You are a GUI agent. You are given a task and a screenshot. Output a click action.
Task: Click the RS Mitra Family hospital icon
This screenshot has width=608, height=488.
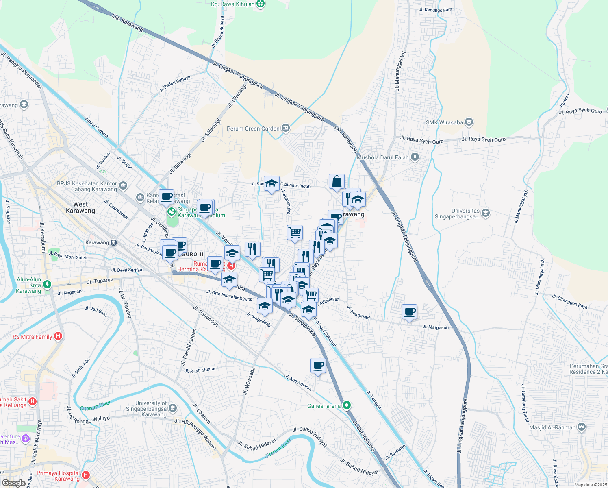coord(58,336)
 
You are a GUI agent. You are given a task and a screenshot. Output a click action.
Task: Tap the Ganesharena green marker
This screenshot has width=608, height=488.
coord(347,405)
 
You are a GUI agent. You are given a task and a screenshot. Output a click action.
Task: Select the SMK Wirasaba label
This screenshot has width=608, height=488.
coord(444,122)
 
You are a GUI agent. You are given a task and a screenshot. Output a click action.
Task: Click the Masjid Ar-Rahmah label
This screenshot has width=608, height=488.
coord(552,427)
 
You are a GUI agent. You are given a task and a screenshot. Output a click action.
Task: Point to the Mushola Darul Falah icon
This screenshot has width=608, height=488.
coord(415,157)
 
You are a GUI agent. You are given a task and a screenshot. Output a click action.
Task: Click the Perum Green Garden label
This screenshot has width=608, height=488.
coord(253,129)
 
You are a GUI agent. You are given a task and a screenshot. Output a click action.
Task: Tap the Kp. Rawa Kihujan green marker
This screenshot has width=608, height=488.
coord(261,4)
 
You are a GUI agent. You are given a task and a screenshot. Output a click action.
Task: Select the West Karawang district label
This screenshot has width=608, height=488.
coord(80,207)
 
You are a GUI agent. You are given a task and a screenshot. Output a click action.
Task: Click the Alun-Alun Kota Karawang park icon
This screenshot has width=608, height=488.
coord(47,284)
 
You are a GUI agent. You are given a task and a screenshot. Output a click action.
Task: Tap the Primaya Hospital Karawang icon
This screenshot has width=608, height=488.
coord(85,475)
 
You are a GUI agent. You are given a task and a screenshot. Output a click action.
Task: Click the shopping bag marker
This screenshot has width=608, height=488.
coord(337,182)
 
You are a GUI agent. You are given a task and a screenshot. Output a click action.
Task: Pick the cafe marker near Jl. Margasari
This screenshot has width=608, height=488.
coord(410,312)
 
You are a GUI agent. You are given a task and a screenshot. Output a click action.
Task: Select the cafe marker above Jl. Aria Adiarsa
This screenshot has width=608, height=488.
coord(318,366)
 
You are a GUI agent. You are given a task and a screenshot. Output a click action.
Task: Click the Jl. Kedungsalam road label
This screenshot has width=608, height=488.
coord(436,10)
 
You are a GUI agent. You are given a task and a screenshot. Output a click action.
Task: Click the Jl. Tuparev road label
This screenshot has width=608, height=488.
coord(100,281)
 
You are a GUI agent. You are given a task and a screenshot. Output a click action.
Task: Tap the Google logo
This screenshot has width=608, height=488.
coord(13,483)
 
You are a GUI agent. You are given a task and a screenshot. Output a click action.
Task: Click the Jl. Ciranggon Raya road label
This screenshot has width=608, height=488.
coord(569,302)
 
